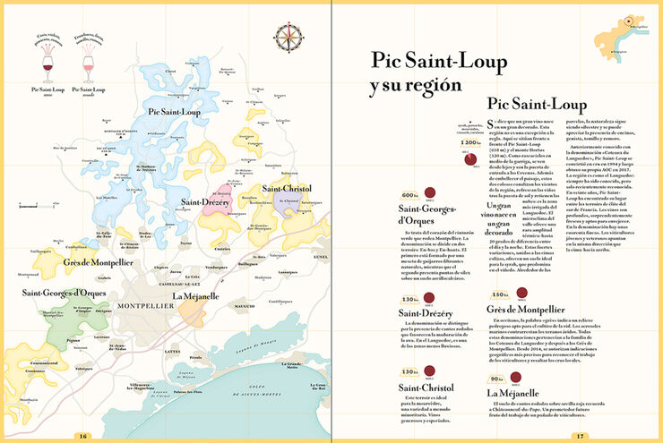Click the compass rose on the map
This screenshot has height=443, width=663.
pos(290,36)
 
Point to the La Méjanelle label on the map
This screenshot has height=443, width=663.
pos(197,296)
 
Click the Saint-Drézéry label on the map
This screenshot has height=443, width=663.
pos(206,203)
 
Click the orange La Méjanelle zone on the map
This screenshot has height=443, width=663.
pos(192,309)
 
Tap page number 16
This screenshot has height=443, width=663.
pos(82,436)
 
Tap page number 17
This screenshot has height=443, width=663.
pos(580,436)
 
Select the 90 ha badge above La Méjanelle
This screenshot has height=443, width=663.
pos(498,379)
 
